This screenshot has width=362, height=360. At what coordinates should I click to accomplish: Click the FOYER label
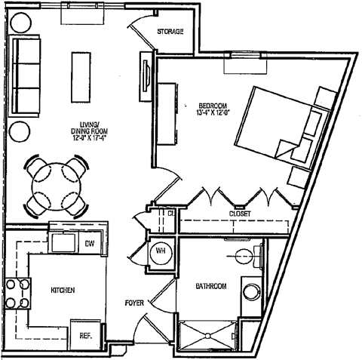(x=135, y=303)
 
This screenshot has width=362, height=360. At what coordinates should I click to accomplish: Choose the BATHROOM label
(x=211, y=287)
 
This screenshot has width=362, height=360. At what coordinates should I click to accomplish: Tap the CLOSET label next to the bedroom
(x=241, y=214)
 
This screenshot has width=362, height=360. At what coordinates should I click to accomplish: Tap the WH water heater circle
(x=159, y=252)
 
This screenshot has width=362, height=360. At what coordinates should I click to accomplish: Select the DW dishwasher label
(x=88, y=243)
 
